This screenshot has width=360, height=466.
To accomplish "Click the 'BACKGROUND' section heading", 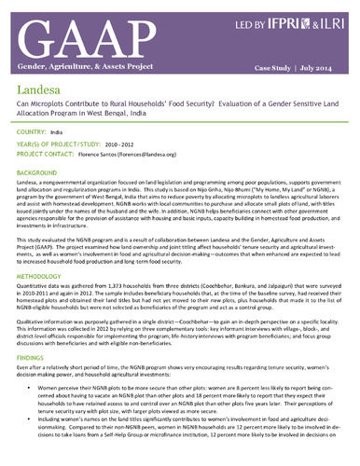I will point(38,174).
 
